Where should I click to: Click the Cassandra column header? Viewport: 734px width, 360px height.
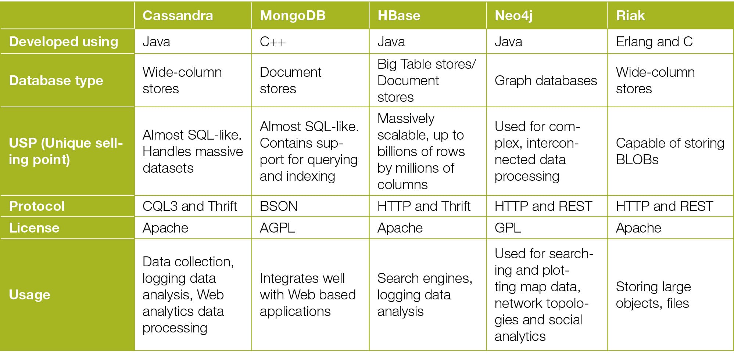178,15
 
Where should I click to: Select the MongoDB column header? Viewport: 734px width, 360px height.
293,15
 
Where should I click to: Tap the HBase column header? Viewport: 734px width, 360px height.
399,15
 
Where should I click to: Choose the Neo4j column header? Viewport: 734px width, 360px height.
513,16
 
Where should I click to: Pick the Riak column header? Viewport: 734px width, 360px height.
630,15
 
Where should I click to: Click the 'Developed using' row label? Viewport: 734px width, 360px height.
64,42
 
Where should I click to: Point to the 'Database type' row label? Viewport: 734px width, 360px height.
56,80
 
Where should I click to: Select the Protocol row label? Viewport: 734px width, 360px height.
37,206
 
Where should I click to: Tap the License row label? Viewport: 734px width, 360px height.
34,228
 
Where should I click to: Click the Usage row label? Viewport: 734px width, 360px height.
30,295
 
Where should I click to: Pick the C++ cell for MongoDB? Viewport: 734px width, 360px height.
272,42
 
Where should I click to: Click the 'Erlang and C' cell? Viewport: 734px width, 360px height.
654,42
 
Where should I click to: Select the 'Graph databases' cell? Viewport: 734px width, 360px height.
546,80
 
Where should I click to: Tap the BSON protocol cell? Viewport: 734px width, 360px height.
279,206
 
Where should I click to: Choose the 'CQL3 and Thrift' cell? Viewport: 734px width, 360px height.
190,206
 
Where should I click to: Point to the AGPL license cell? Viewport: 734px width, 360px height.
277,228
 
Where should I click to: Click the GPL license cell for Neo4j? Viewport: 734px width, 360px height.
508,228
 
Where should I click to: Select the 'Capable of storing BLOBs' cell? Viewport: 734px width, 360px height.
670,151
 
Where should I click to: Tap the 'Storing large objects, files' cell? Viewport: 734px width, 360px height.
653,295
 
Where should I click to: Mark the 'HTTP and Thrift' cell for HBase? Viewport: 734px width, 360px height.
424,206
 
